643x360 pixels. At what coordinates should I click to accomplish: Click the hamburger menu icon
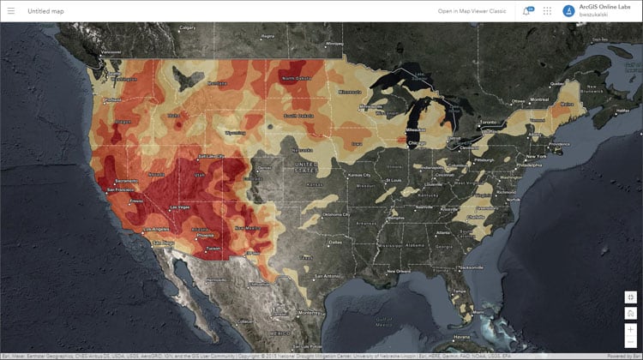(x=11, y=11)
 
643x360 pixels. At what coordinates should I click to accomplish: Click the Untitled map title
(x=45, y=11)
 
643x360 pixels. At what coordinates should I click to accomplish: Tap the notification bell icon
(x=526, y=11)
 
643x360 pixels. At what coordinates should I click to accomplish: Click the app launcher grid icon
(x=547, y=11)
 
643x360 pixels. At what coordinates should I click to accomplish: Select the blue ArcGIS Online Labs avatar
(x=568, y=11)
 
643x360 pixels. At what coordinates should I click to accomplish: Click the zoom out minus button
(x=630, y=341)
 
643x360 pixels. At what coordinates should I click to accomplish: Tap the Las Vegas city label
(x=165, y=207)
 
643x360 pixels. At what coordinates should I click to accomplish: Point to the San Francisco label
(x=111, y=182)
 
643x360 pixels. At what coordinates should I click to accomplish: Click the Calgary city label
(x=189, y=28)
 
